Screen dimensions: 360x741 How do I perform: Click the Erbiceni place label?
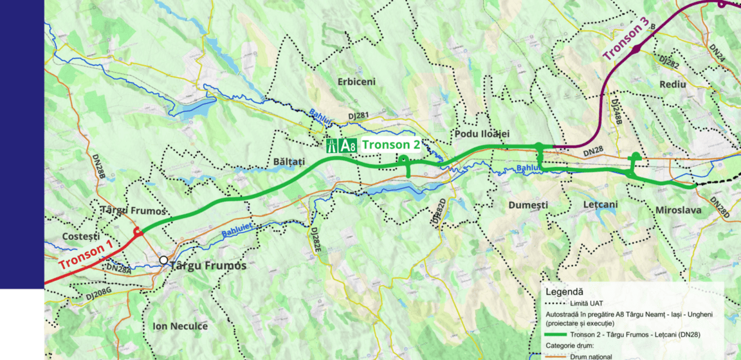click(x=356, y=82)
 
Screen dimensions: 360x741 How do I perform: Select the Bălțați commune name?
click(x=288, y=161)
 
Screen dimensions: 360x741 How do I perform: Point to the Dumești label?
click(x=527, y=205)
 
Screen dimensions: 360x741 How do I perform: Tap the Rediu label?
click(x=672, y=84)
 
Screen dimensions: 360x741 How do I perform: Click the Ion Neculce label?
click(x=180, y=326)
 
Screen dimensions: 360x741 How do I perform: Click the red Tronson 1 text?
click(x=86, y=255)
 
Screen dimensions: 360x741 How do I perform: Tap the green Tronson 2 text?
click(x=391, y=145)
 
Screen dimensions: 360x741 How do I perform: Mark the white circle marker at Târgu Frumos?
click(x=163, y=260)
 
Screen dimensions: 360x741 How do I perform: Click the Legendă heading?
click(x=564, y=291)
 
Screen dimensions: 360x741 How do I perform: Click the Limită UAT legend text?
click(x=589, y=303)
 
